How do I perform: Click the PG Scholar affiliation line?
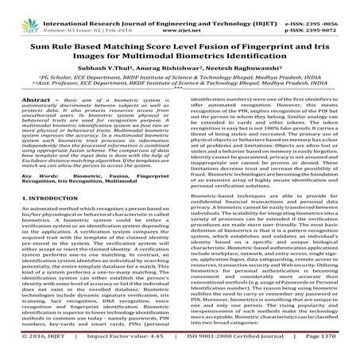[x=179, y=73]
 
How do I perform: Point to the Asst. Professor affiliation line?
[x=179, y=82]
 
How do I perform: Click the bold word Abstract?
[x=28, y=99]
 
